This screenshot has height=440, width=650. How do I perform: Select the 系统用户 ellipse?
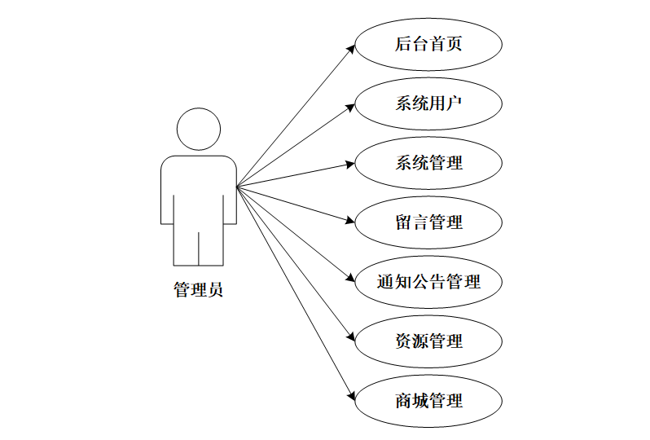(x=428, y=103)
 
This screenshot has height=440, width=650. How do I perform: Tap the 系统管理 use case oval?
(x=428, y=163)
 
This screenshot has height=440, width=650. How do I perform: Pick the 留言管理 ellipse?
(x=428, y=222)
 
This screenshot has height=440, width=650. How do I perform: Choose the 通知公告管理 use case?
(x=428, y=282)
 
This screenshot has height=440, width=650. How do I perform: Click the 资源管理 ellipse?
(x=428, y=341)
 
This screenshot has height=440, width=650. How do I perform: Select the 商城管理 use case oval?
(x=428, y=401)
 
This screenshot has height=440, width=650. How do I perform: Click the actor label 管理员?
(x=198, y=289)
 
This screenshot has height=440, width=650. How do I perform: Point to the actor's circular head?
(x=198, y=130)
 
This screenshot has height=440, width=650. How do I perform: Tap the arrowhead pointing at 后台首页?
(x=351, y=48)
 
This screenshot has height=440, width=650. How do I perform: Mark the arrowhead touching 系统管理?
(x=351, y=164)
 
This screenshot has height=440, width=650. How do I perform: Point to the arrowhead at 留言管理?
(x=351, y=221)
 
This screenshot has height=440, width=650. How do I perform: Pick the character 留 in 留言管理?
(x=404, y=222)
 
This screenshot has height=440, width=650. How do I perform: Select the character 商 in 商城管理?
(x=404, y=401)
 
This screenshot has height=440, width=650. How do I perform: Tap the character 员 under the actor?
(x=215, y=289)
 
